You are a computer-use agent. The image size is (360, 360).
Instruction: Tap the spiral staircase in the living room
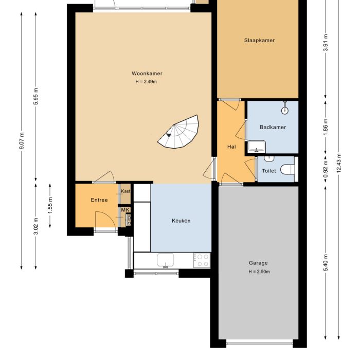pyautogui.click(x=180, y=133)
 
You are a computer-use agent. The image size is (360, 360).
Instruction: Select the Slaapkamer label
pyautogui.click(x=259, y=40)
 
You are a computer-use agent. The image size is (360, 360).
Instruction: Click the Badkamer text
pyautogui.click(x=273, y=127)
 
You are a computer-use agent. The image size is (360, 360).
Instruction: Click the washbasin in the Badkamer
pyautogui.click(x=255, y=147)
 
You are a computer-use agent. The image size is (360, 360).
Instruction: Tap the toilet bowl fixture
pyautogui.click(x=289, y=169)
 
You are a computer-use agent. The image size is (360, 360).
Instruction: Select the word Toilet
pyautogui.click(x=269, y=171)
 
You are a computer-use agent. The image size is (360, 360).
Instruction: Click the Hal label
pyautogui.click(x=231, y=147)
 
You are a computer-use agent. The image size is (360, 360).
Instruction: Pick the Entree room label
pyautogui.click(x=99, y=200)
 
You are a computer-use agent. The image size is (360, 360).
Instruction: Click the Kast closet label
pyautogui.click(x=125, y=191)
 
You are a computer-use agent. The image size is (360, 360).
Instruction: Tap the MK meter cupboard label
pyautogui.click(x=125, y=210)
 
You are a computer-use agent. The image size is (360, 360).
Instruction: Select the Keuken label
pyautogui.click(x=181, y=221)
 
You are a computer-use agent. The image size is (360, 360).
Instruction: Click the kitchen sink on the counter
pyautogui.click(x=166, y=261)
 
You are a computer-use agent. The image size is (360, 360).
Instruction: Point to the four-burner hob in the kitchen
pyautogui.click(x=202, y=260)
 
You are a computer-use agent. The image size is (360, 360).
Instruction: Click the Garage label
pyautogui.click(x=259, y=263)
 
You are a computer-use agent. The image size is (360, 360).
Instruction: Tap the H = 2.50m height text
pyautogui.click(x=259, y=272)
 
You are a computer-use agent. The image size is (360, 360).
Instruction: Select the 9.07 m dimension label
pyautogui.click(x=22, y=140)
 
